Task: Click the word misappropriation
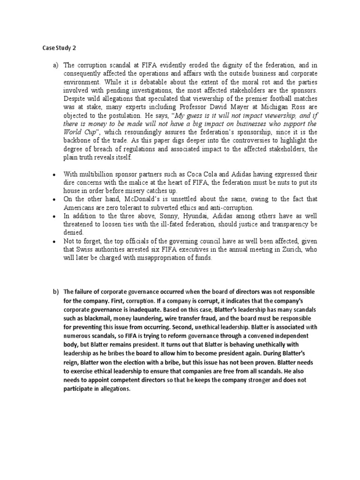[166, 257]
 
